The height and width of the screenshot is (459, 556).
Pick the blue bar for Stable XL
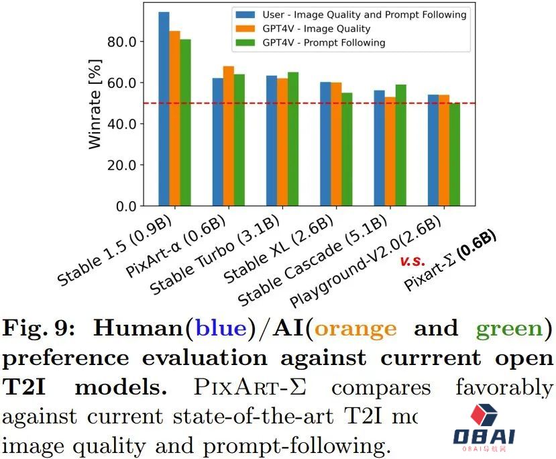[x=325, y=144]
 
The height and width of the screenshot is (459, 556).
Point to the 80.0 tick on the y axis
[x=122, y=42]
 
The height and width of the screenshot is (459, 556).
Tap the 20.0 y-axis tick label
[x=122, y=165]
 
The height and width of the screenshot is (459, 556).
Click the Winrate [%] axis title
[x=96, y=104]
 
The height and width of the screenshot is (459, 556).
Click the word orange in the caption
[x=355, y=329]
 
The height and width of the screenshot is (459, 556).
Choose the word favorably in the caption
[x=504, y=388]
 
